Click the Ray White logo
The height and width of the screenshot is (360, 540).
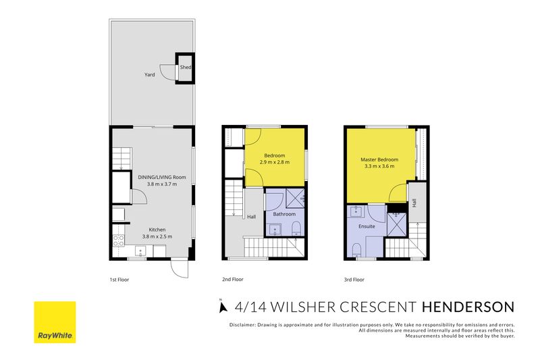point(55,322)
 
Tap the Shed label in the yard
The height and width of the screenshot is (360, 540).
point(186,67)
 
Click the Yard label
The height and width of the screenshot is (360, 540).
point(149,74)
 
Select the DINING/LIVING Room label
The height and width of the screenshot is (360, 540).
point(162,177)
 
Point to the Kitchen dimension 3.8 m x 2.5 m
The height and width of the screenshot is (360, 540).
point(157,236)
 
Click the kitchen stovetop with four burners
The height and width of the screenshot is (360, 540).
point(119,240)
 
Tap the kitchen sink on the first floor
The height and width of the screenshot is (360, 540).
point(141,251)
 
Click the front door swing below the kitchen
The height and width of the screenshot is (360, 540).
point(180,269)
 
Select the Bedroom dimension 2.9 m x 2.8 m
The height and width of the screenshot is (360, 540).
point(275,162)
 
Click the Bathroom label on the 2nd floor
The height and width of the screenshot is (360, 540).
point(284,214)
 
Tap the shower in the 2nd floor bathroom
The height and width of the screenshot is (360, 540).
point(296,198)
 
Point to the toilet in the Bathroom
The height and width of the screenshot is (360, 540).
point(296,229)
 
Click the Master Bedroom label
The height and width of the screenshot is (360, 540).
point(379,159)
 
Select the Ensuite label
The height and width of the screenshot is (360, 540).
point(367,226)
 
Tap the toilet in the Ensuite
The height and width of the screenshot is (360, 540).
point(357,250)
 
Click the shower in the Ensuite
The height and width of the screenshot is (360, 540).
point(397,225)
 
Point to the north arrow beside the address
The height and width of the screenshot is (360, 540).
point(223,306)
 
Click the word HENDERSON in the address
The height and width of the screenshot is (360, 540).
point(468,307)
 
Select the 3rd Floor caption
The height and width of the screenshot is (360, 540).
point(354,280)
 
